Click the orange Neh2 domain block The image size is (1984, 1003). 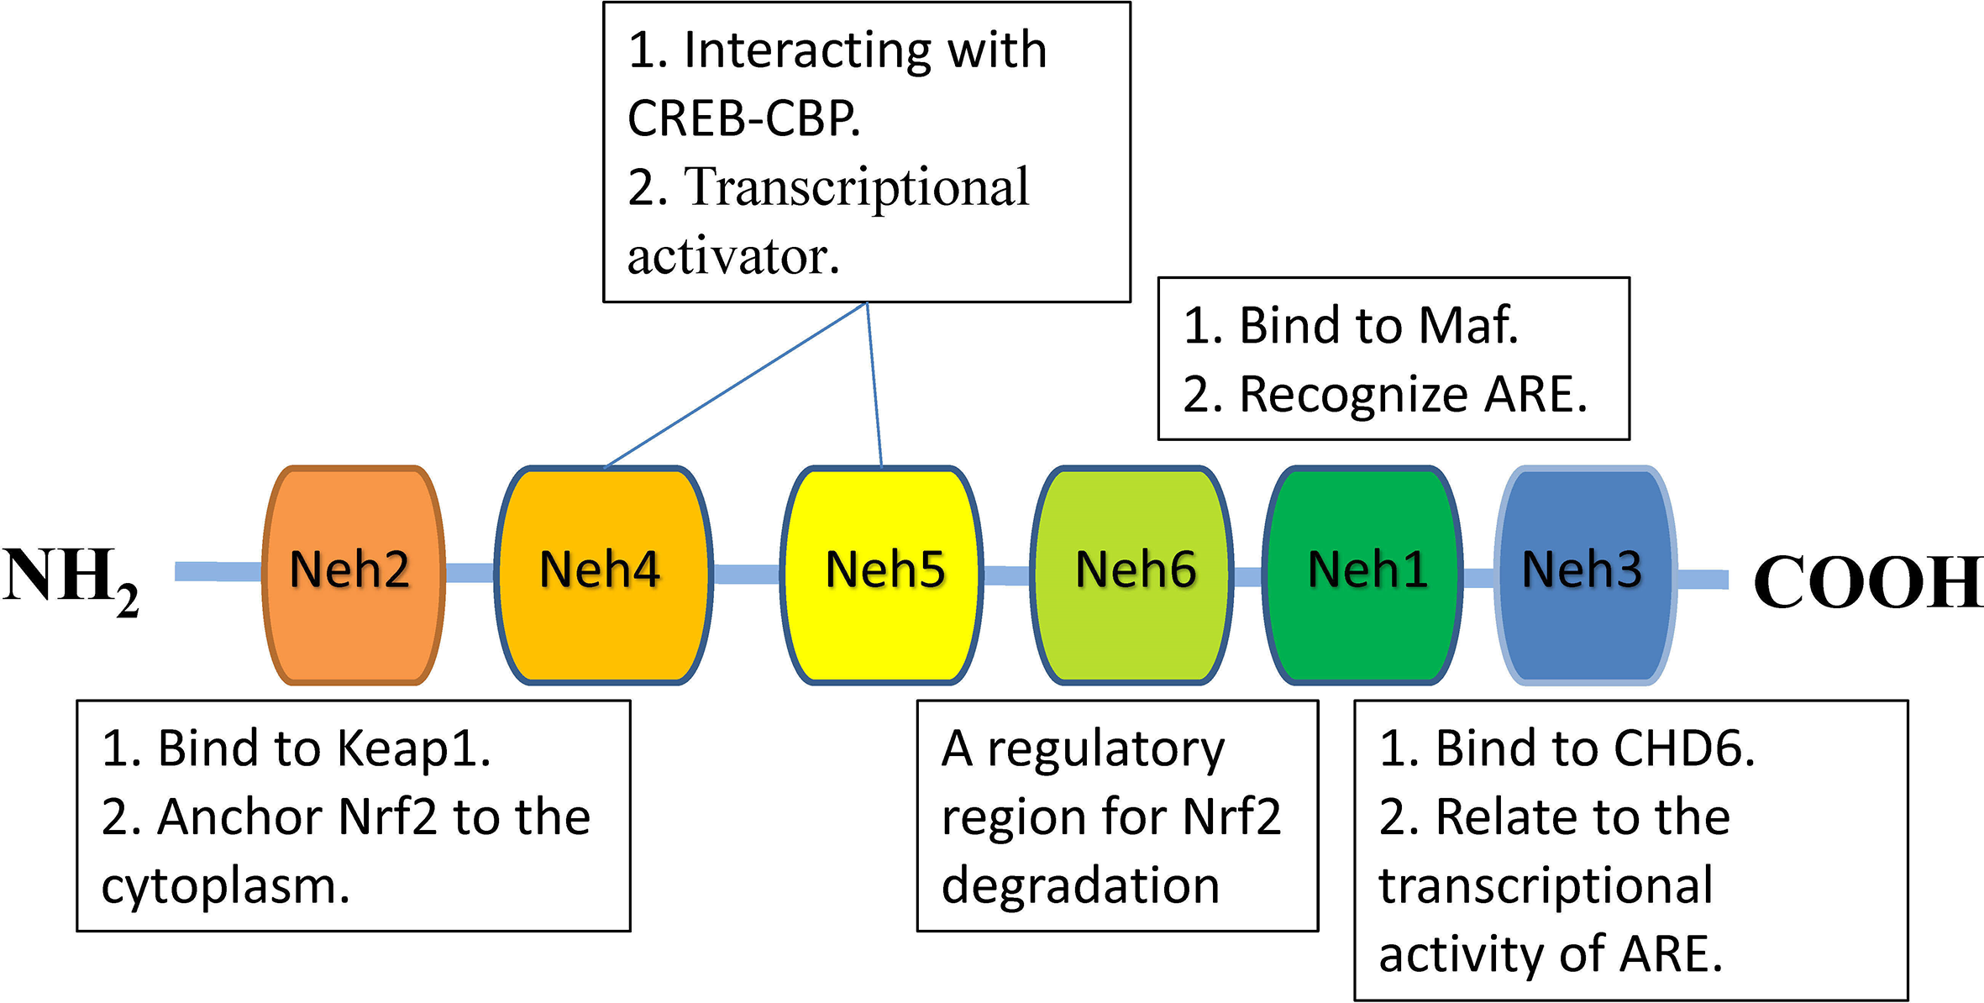(354, 575)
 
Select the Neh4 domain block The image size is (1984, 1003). (604, 575)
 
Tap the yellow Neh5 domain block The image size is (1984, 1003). (882, 575)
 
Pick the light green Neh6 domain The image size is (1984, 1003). (1131, 575)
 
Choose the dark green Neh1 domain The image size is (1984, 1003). (1364, 575)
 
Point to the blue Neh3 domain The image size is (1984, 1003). (1586, 575)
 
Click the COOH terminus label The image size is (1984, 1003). (1868, 581)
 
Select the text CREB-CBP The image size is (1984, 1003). (744, 118)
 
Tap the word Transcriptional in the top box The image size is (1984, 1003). (856, 187)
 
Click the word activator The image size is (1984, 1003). (733, 257)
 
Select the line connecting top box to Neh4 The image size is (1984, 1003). (736, 385)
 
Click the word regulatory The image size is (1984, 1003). (1105, 751)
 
